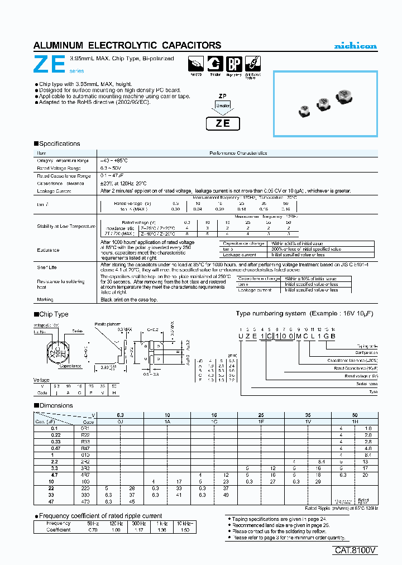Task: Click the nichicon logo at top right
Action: point(355,46)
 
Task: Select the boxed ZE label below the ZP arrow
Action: point(223,123)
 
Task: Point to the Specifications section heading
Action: point(59,143)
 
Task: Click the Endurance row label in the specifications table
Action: point(49,250)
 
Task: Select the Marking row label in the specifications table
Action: point(46,300)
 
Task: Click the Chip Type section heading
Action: point(54,314)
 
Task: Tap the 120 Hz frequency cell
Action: point(115,523)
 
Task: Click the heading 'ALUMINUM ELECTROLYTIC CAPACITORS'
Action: point(127,45)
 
